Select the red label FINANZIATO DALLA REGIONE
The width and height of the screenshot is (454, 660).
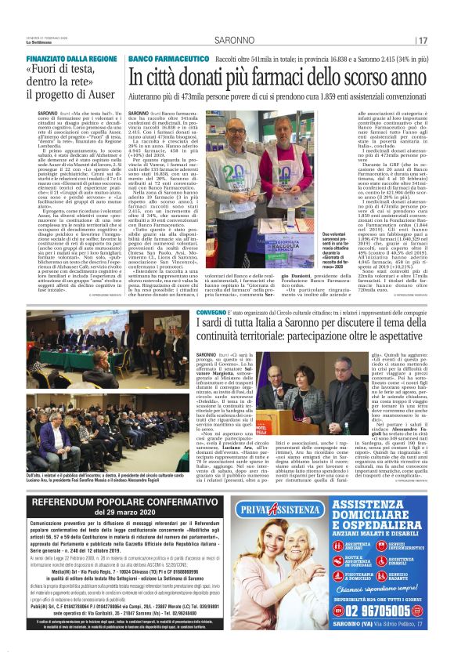[x=72, y=59]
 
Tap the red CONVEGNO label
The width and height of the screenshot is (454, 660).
[x=211, y=313]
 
